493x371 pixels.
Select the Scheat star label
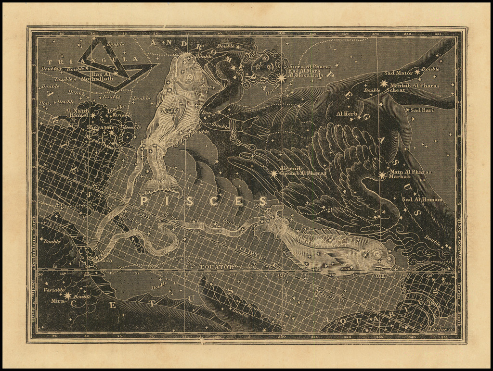click(x=396, y=90)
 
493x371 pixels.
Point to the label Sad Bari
click(x=422, y=110)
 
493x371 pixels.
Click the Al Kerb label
click(x=347, y=114)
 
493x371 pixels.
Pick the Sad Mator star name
click(x=398, y=73)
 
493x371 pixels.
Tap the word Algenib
click(x=289, y=168)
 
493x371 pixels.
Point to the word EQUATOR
click(x=217, y=266)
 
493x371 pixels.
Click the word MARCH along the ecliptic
click(x=325, y=294)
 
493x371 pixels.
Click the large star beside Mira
click(x=66, y=296)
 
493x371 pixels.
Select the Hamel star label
click(x=79, y=115)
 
